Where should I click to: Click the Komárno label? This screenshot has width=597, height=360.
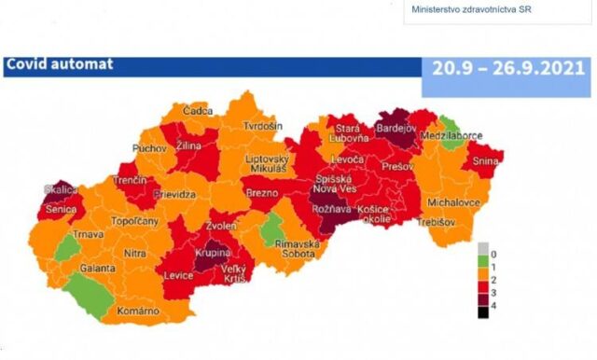point(137,309)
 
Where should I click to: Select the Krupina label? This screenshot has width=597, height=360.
point(215,254)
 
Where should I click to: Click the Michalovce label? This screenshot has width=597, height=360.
point(453,201)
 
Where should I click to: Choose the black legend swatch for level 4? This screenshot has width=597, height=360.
point(482,312)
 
